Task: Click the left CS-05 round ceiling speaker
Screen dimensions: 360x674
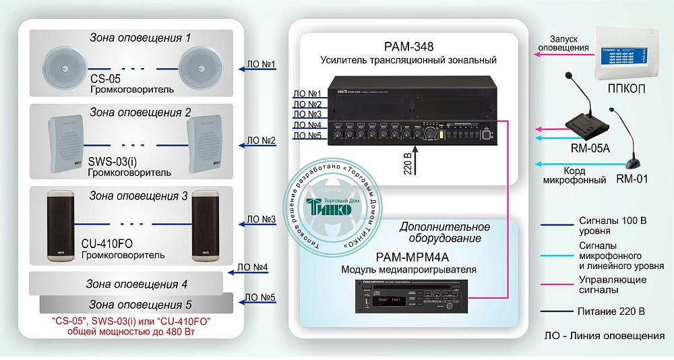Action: point(65,69)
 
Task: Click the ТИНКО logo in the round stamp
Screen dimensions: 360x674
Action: point(330,206)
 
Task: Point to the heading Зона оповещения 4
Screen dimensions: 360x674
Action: point(137,284)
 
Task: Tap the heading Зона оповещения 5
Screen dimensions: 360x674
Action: point(141,305)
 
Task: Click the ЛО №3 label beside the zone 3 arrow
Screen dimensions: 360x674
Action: point(260,219)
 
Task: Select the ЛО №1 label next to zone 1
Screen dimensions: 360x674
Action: point(261,65)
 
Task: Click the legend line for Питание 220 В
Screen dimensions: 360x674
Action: point(553,311)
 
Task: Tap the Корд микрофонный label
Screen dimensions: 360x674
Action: point(570,177)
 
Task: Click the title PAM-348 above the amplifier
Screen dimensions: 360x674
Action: point(408,47)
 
